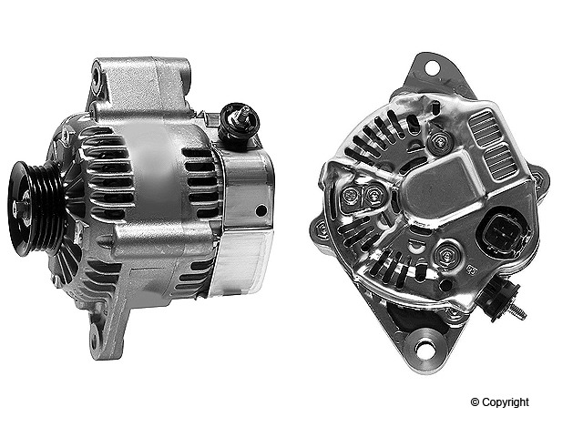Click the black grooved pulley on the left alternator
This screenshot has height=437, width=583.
pyautogui.click(x=36, y=208)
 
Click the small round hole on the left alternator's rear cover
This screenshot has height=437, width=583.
pyautogui.click(x=261, y=210)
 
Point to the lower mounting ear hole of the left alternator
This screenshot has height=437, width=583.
pyautogui.click(x=94, y=339)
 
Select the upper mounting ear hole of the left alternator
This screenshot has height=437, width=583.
pyautogui.click(x=97, y=76)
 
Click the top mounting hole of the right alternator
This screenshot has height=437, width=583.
pyautogui.click(x=432, y=67)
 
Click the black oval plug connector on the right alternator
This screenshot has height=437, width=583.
pyautogui.click(x=500, y=233)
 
